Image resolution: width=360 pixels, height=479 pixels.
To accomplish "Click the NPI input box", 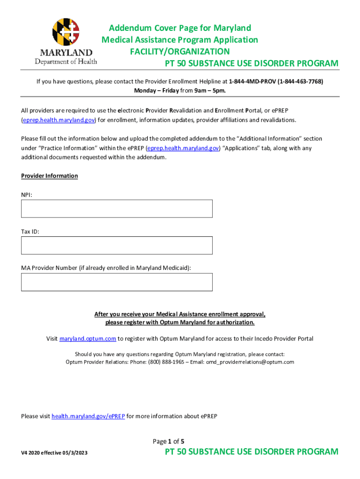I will pos(116,209).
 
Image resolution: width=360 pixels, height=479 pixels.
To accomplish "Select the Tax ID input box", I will pos(116,245).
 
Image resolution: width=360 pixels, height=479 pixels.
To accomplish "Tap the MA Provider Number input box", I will pos(116,282).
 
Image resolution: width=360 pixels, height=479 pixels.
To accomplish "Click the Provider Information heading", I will pos(50,176).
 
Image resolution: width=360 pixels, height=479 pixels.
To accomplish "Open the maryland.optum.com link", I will pos(88,339).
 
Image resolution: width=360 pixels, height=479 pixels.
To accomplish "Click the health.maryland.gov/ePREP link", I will pos(88,416).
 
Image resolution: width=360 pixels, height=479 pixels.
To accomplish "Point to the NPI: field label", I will pos(27,194).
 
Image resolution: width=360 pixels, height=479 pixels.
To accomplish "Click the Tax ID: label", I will pos(30,231).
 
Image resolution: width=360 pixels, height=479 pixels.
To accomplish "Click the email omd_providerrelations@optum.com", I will pos(250,362).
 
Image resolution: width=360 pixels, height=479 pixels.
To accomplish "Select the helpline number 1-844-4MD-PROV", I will pos(252,81).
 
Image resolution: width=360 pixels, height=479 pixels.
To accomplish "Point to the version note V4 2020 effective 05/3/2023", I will pos(54,453).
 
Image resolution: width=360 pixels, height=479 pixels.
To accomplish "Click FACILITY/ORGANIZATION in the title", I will pos(180,51).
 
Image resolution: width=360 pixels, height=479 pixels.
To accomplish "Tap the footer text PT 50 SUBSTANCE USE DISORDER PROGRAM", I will pos(252,452).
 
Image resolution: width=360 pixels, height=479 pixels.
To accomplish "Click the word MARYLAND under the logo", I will pos(66,52).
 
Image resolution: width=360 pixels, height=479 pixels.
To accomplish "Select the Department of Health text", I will pos(66,61).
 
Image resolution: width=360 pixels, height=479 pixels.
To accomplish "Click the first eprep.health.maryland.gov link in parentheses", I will pos(59,120).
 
